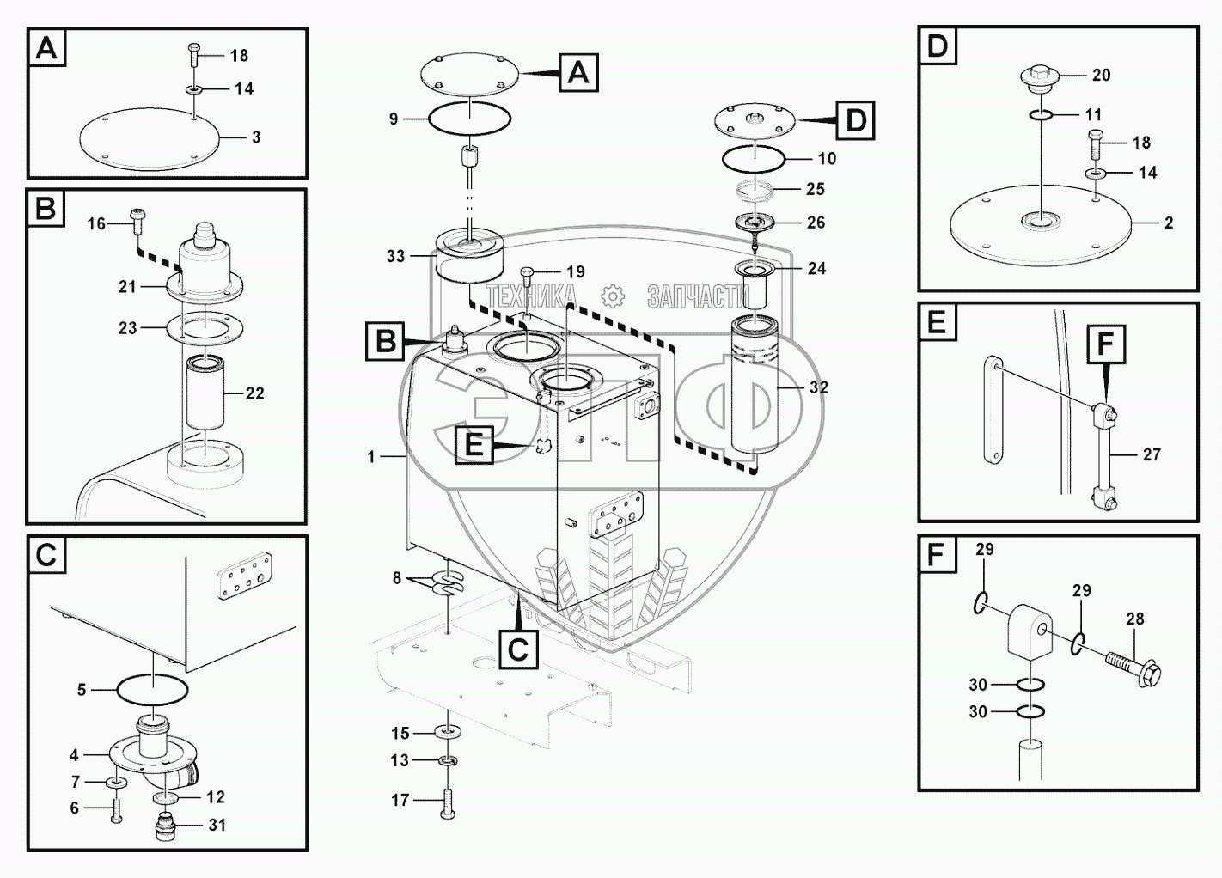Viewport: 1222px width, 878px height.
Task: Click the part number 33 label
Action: (x=395, y=256)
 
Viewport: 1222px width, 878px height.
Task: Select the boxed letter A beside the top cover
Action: (x=578, y=72)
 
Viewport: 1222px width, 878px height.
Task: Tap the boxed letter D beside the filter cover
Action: (x=855, y=120)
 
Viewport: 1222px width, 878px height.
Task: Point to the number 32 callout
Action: (x=819, y=387)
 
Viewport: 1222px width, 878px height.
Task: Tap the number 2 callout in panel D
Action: (x=1169, y=223)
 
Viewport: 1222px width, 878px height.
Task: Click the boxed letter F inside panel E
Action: (x=1105, y=344)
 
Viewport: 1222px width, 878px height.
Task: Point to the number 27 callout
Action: (x=1152, y=454)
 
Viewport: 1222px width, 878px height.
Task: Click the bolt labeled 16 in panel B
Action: (x=136, y=218)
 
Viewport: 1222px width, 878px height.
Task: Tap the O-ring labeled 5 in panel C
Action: (x=151, y=688)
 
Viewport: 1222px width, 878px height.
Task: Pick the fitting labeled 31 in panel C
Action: (x=163, y=828)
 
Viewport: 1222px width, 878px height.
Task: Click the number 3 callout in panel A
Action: (x=256, y=137)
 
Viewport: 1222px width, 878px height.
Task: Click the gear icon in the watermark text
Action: (x=612, y=297)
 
